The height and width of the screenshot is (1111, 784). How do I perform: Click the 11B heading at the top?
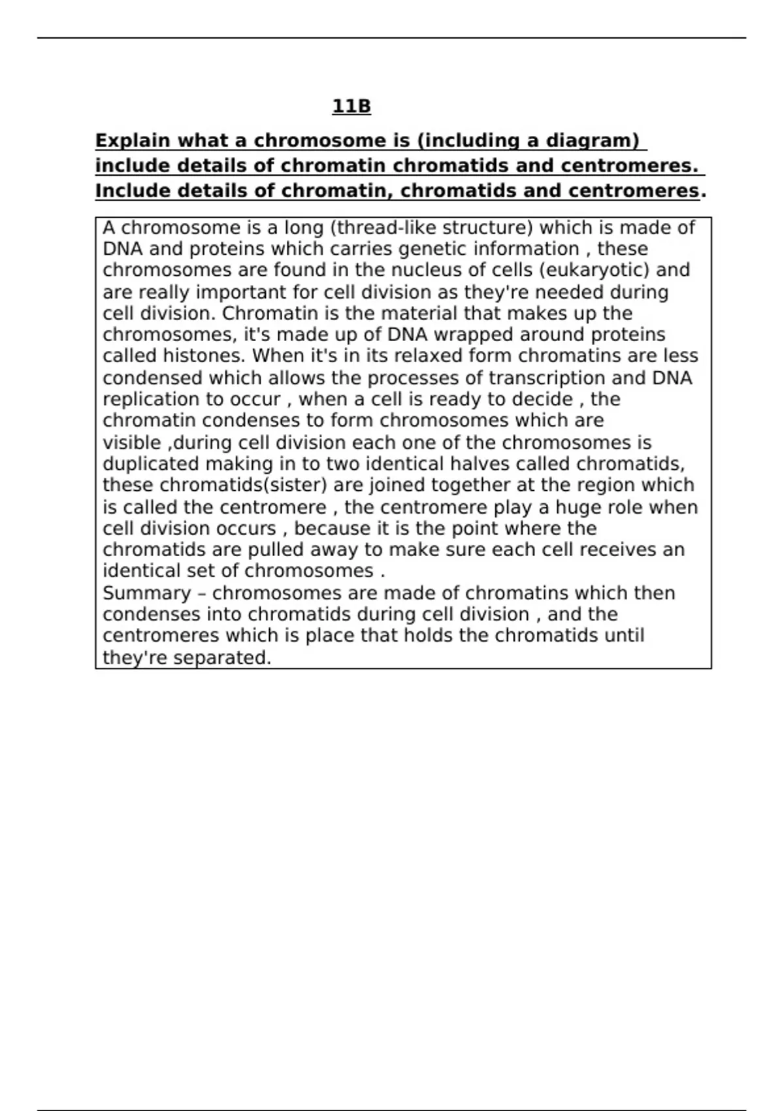coord(351,107)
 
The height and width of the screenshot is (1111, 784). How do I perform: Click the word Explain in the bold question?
coord(133,141)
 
